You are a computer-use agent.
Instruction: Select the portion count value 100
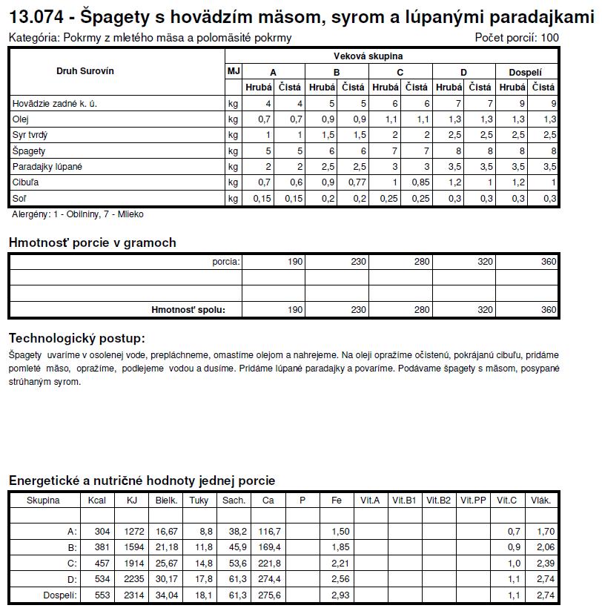click(x=549, y=38)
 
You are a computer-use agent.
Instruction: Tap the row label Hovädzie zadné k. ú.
click(x=55, y=104)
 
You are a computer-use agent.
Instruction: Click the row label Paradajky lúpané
click(x=47, y=167)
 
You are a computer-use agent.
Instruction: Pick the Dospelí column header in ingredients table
click(x=526, y=72)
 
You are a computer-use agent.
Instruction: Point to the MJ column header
click(x=233, y=70)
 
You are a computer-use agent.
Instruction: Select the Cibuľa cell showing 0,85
click(x=420, y=182)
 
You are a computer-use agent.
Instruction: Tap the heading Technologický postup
click(x=76, y=338)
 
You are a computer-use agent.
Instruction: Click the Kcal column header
click(x=97, y=501)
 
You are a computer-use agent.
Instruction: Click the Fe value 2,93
click(x=340, y=595)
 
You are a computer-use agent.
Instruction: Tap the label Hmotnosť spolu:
click(x=188, y=310)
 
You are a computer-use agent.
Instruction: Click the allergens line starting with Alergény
click(x=78, y=214)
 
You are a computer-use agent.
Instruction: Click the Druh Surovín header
click(x=85, y=70)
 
